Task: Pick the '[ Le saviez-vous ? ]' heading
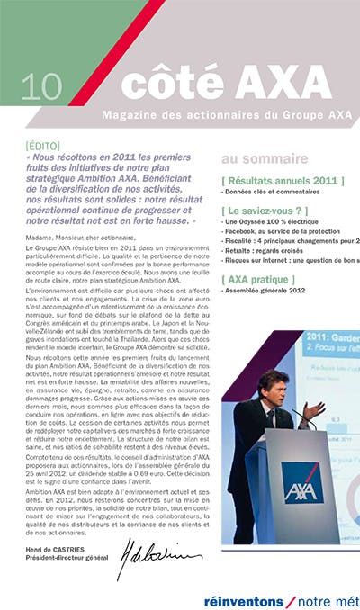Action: click(269, 210)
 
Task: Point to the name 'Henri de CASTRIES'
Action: click(54, 550)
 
